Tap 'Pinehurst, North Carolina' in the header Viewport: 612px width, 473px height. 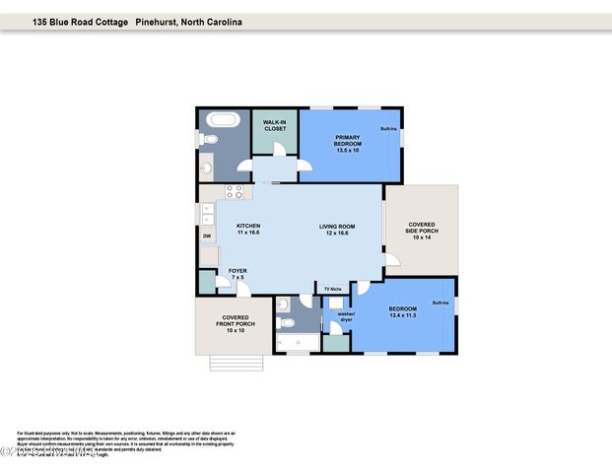(x=189, y=21)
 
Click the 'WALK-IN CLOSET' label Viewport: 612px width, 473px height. (x=274, y=125)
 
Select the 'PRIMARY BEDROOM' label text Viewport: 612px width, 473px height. (x=349, y=141)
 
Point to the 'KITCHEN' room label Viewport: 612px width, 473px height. (x=248, y=227)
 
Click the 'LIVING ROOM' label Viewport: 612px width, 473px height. (x=336, y=227)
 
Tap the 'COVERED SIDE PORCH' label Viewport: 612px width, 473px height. (x=423, y=231)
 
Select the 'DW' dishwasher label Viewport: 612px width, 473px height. (x=207, y=236)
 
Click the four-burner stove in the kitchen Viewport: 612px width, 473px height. (x=235, y=192)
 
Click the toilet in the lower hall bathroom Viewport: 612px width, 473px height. (x=286, y=322)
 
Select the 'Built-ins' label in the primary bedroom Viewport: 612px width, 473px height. (x=389, y=129)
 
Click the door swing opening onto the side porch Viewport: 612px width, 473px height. (x=391, y=261)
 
